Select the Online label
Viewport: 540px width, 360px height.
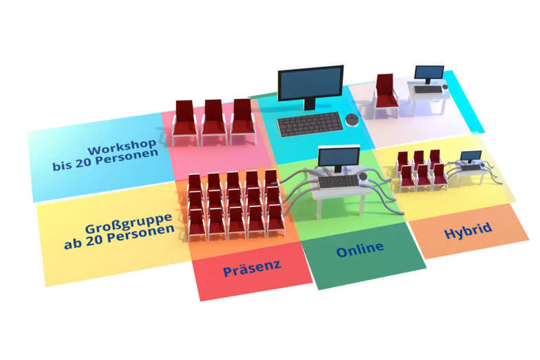pos(359,249)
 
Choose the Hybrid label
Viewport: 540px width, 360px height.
pos(468,229)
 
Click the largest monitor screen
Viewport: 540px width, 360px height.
pos(310,83)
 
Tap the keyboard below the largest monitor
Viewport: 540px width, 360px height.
pos(309,125)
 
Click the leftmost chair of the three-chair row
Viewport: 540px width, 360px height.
pos(185,122)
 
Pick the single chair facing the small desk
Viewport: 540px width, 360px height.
pos(386,94)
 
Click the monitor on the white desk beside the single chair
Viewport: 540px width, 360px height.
pos(429,74)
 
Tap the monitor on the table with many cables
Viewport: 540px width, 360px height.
pos(338,160)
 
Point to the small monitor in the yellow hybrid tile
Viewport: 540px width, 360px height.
pos(470,156)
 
